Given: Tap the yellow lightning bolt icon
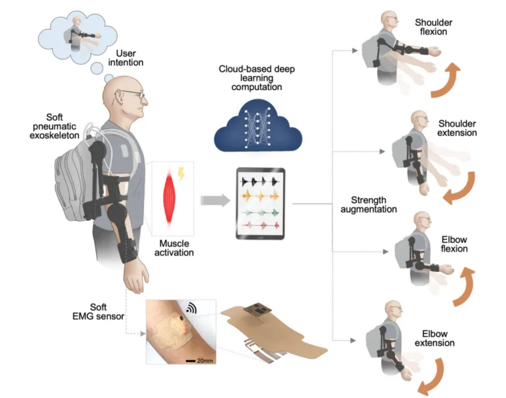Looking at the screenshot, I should coord(181,174).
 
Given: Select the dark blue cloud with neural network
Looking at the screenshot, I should coord(258,127).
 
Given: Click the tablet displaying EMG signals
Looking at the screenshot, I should coord(260,203).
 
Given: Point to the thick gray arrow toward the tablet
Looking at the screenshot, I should coord(215,200).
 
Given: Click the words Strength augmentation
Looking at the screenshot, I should coord(368,205).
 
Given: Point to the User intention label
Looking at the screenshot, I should coord(125,58).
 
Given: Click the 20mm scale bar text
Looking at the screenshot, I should coord(205,361).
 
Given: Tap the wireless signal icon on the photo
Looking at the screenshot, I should coord(191,308).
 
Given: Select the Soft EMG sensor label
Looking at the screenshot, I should coord(98,312).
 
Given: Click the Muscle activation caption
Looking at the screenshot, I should coord(174,248).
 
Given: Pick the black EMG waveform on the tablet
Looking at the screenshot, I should coord(260,181).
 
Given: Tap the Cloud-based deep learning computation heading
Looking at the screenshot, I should coord(256,78).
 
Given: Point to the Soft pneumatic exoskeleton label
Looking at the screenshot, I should coord(54,126).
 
